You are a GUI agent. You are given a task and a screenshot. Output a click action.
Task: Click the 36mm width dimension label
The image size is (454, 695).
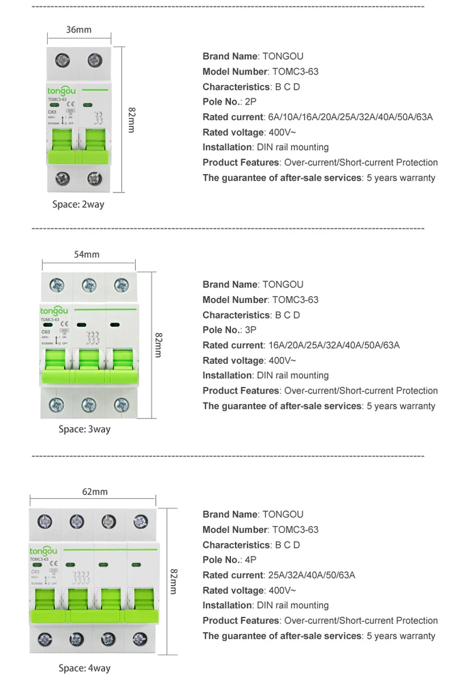click(x=79, y=30)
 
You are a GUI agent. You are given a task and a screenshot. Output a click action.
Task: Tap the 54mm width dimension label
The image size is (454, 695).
click(x=87, y=254)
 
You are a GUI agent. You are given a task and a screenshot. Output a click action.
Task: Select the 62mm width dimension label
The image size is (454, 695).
click(x=95, y=492)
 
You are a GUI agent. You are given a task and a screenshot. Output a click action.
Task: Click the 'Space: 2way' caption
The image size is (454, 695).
click(x=78, y=204)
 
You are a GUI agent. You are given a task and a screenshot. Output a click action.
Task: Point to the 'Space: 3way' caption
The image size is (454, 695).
click(x=84, y=429)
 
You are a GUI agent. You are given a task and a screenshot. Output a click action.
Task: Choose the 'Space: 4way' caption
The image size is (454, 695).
click(x=84, y=668)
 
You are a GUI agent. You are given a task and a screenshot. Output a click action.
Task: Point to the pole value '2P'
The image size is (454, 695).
click(x=251, y=102)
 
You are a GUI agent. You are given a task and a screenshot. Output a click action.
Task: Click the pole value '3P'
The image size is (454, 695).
click(x=251, y=330)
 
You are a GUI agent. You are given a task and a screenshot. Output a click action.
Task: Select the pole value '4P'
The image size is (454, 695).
click(x=251, y=560)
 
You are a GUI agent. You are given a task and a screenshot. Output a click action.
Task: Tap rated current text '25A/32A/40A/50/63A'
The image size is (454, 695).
click(x=311, y=575)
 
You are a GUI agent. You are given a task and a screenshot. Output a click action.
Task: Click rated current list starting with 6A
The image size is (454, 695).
click(x=351, y=117)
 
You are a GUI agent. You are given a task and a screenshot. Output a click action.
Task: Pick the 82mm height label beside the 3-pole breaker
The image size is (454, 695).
click(x=157, y=345)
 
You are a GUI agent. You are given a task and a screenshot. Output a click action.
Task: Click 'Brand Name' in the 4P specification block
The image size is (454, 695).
click(x=230, y=514)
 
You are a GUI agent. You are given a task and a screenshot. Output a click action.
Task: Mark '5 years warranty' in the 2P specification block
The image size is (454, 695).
click(x=401, y=178)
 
